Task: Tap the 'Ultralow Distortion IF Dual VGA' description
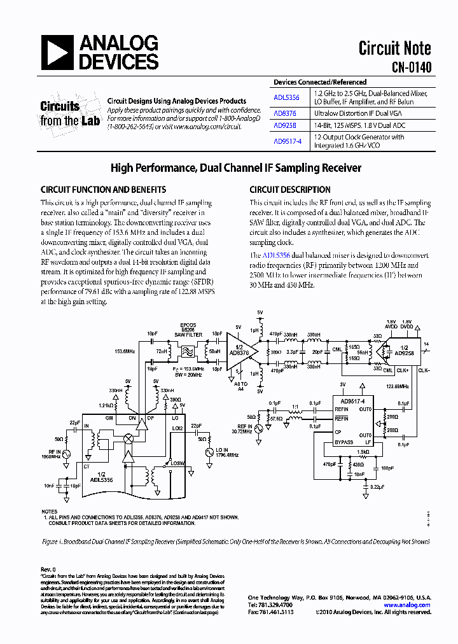point(353,113)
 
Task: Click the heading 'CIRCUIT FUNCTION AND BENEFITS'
point(104,190)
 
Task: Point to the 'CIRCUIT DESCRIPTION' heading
point(290,190)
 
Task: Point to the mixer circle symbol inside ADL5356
point(129,438)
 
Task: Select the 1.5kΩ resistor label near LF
point(363,451)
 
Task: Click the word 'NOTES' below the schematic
point(50,512)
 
